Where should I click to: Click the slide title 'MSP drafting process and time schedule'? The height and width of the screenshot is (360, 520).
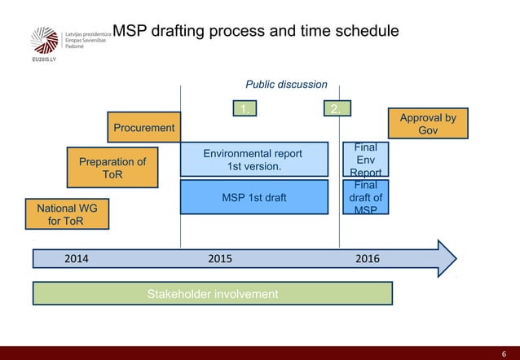click(x=255, y=32)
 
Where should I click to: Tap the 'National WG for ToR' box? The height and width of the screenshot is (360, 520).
click(x=68, y=215)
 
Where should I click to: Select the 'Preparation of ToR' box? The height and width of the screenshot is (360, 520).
click(x=112, y=169)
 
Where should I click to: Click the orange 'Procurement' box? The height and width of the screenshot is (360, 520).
click(x=143, y=128)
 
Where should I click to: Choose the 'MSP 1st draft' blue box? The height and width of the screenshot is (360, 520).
click(x=253, y=197)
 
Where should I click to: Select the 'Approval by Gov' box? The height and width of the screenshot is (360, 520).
click(x=428, y=125)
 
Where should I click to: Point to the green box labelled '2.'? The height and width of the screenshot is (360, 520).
click(x=334, y=109)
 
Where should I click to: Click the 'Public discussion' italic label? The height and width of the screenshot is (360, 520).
click(x=286, y=84)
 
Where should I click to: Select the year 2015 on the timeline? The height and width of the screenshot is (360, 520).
click(x=220, y=259)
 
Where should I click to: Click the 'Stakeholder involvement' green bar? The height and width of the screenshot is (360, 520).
click(x=212, y=293)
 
